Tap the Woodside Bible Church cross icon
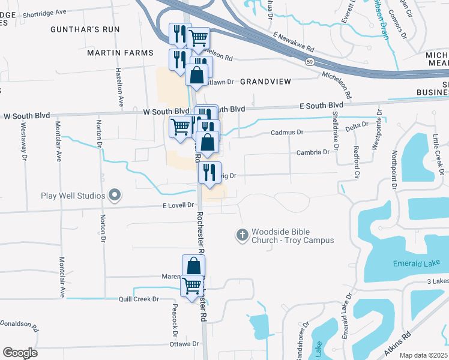243,235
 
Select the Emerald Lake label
412,263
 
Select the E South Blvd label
322,106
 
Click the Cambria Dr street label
313,152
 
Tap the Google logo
20,353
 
